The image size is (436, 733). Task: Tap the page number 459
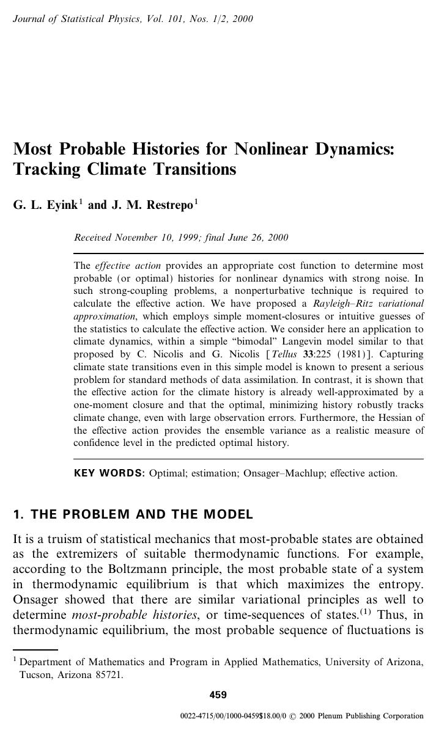tap(218, 695)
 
